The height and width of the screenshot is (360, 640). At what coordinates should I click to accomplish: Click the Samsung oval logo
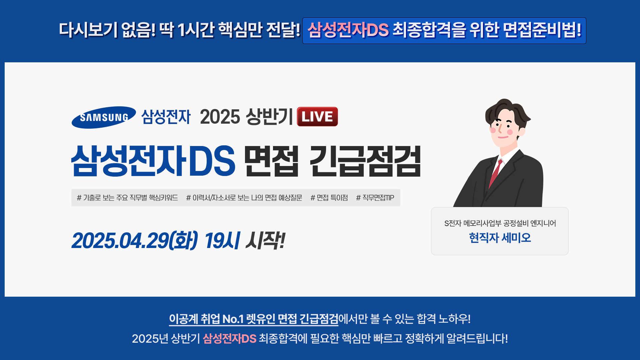[x=104, y=117]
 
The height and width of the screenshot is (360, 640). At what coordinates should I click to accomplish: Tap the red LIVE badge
[x=317, y=117]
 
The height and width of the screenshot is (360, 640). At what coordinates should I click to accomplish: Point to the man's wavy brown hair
[x=507, y=112]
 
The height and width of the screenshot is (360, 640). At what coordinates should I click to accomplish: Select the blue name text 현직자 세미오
[x=500, y=238]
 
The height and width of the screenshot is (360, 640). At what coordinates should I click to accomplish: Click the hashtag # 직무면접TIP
[x=375, y=198]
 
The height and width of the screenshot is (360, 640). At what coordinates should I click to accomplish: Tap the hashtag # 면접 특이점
[x=329, y=198]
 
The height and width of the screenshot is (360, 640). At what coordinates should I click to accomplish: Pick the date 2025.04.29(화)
[x=135, y=240]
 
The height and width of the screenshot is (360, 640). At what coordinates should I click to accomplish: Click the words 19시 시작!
[x=245, y=240]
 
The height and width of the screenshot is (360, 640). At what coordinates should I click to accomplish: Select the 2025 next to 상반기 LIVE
[x=220, y=117]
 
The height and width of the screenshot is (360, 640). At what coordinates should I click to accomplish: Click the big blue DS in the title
[x=212, y=161]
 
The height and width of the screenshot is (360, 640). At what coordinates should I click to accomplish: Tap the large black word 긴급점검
[x=365, y=161]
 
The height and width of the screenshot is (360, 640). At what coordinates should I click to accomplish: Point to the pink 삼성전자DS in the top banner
[x=348, y=30]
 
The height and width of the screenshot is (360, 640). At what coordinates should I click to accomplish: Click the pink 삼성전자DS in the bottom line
[x=229, y=339]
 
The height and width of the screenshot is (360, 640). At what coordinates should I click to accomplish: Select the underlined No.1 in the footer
[x=233, y=319]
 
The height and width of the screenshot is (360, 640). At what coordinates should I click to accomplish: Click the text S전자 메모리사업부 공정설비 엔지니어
[x=500, y=223]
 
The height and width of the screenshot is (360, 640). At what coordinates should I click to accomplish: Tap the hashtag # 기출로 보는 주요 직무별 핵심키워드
[x=127, y=198]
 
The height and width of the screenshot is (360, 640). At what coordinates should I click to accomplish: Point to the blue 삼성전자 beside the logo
[x=166, y=117]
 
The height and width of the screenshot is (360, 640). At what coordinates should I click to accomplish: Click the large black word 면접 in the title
[x=271, y=161]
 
